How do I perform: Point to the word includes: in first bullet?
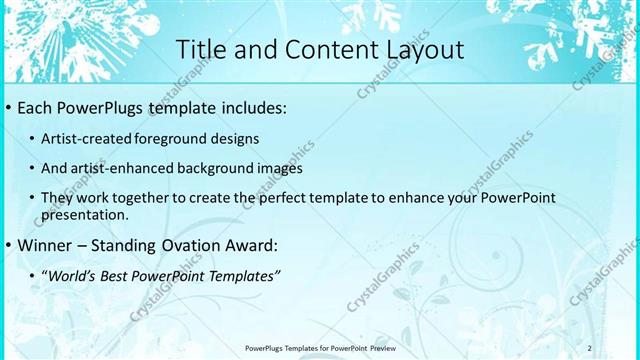tap(253, 107)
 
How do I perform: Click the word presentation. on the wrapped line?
tap(85, 215)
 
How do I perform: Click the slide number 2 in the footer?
tap(589, 348)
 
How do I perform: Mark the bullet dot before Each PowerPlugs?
tap(8, 108)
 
